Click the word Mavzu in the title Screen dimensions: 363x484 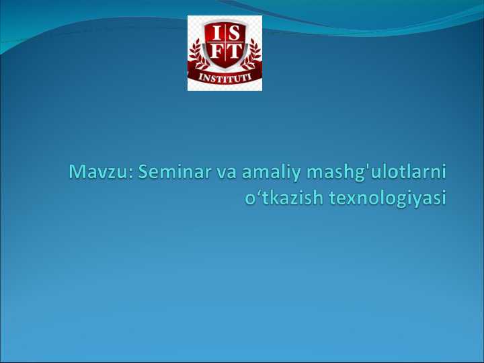[101, 173]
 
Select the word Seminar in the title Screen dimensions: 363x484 [174, 173]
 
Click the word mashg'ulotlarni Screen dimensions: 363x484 [376, 174]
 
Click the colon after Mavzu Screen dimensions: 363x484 [134, 174]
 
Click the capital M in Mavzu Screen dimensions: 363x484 [79, 173]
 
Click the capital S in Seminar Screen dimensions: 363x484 [145, 173]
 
